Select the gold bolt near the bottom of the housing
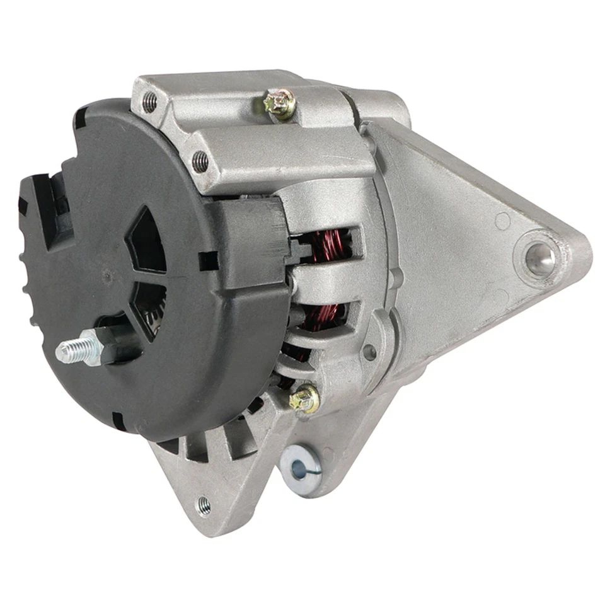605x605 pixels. point(304,398)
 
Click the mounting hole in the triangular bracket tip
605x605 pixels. point(540,258)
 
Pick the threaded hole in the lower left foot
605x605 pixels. point(203,504)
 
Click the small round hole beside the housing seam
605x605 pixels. point(370,354)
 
